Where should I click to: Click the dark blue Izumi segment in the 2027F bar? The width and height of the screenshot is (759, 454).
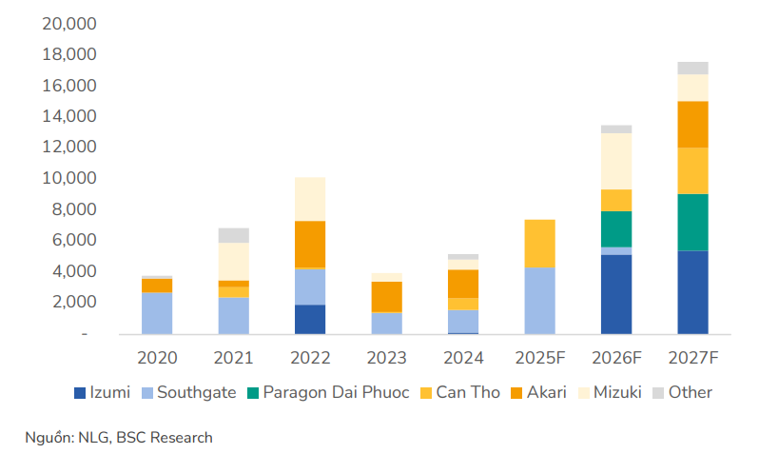pos(692,292)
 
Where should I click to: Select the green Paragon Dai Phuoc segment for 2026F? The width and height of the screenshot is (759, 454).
pos(615,229)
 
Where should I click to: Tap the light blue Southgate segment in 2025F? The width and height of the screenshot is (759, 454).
pos(539,301)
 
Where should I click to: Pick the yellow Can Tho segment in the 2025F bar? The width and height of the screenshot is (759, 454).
pos(539,244)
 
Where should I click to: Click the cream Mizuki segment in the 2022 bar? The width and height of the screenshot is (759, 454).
pos(310,199)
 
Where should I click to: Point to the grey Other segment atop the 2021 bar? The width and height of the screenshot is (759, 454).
pos(233,235)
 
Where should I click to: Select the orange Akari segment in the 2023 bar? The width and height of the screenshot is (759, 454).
pos(386,297)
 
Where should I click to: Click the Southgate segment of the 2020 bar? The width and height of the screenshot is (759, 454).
pos(157,313)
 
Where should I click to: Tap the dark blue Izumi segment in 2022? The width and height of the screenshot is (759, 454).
pos(310,320)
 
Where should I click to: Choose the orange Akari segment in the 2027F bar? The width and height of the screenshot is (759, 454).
pos(692,125)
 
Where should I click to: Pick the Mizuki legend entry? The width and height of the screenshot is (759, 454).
pos(615,392)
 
